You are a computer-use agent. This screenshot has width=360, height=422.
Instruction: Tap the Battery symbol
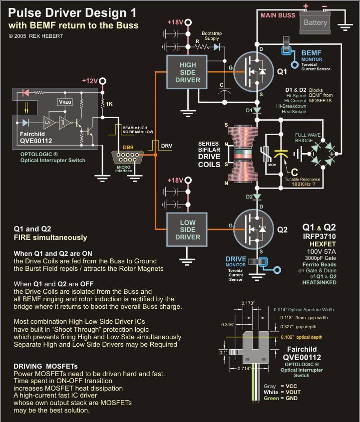click(315, 22)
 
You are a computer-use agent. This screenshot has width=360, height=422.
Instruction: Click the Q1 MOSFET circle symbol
click(254, 72)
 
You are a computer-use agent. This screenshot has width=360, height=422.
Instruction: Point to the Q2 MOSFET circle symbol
click(254, 229)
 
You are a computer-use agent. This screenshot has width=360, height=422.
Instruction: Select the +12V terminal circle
click(102, 81)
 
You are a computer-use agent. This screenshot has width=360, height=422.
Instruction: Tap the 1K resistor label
click(109, 104)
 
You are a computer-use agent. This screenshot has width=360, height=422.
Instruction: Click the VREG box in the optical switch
click(65, 102)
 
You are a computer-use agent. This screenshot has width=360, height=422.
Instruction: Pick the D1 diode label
click(249, 110)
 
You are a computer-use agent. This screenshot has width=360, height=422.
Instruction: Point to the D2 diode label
click(249, 197)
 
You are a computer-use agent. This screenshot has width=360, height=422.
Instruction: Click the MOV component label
click(272, 165)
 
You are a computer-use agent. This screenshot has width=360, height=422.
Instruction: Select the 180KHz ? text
click(303, 185)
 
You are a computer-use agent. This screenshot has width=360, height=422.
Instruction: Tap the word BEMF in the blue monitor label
click(311, 53)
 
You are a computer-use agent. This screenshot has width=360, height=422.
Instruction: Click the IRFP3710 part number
click(320, 236)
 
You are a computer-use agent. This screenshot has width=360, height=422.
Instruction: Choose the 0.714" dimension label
click(244, 369)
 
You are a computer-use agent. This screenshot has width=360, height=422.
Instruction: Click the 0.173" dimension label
click(248, 303)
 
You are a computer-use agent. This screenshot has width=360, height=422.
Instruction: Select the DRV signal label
click(167, 146)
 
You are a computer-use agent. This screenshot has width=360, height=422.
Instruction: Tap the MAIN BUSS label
click(278, 15)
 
